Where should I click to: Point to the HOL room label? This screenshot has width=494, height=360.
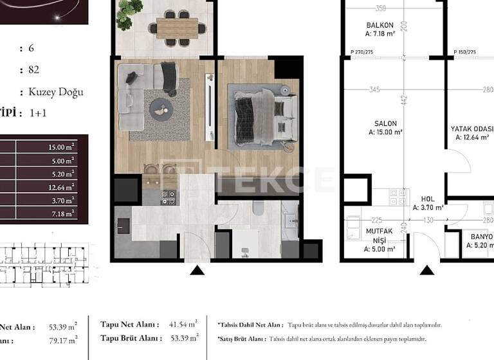click(428, 199)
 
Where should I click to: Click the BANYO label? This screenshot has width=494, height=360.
click(481, 237)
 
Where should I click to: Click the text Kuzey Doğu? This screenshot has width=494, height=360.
click(56, 91)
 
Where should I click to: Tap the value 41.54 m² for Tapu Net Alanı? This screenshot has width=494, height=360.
click(183, 325)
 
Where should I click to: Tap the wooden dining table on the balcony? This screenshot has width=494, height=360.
click(178, 26)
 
